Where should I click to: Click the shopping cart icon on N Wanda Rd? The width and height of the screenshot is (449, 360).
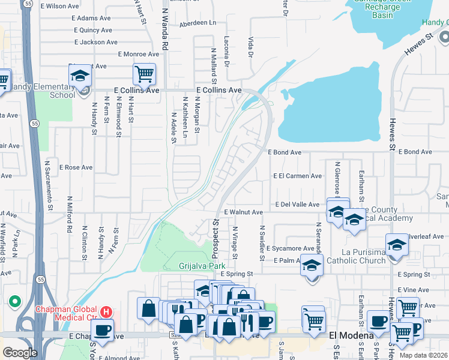pyautogui.click(x=144, y=74)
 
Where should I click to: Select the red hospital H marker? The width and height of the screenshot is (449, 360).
pyautogui.click(x=106, y=312)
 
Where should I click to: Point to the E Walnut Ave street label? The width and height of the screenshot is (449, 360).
pyautogui.click(x=243, y=212)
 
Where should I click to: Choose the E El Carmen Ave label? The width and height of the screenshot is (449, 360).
pyautogui.click(x=297, y=176)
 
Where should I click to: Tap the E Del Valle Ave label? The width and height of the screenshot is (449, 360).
pyautogui.click(x=297, y=205)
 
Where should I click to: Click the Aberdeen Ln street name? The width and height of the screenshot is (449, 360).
pyautogui.click(x=197, y=24)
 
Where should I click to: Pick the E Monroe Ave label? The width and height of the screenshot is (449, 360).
pyautogui.click(x=139, y=54)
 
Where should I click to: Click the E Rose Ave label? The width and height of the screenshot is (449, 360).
pyautogui.click(x=76, y=167)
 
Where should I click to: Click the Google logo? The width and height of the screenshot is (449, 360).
pyautogui.click(x=20, y=352)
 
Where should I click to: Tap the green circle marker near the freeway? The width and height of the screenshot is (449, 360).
pyautogui.click(x=14, y=301)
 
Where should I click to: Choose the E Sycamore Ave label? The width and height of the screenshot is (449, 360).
pyautogui.click(x=291, y=248)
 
